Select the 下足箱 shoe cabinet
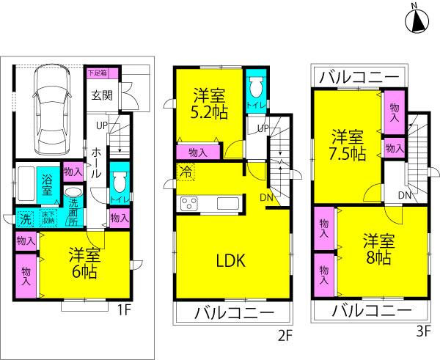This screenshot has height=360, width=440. pos(97,73)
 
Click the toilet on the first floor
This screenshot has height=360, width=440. pos(120,183)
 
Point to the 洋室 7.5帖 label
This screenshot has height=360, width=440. pos(346,145)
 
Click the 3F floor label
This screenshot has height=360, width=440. pos(421,331)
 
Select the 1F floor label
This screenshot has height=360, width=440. pos(122,311)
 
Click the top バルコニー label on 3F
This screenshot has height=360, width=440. pos(358,76)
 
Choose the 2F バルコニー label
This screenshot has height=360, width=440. pos(233,314)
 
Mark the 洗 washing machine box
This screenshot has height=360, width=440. pos(24,218)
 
